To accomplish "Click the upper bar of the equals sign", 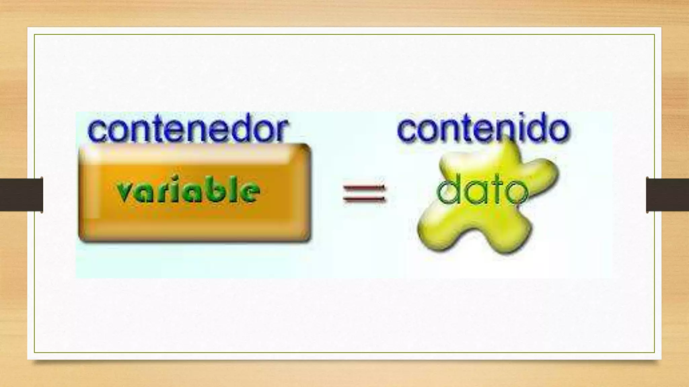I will tap(364, 188).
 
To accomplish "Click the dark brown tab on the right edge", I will tap(667, 195).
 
